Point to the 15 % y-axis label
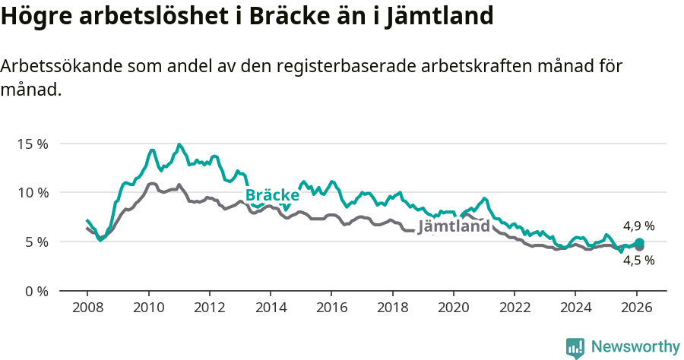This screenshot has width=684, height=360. click(33, 144)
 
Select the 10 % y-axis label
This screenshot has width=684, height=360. click(33, 193)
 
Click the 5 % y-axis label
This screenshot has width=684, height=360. click(36, 242)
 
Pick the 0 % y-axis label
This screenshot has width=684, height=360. click(36, 292)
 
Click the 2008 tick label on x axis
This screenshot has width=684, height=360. click(87, 309)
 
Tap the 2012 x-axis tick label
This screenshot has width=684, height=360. click(209, 309)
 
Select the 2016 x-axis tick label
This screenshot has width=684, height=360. click(331, 309)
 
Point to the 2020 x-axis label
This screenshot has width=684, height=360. click(454, 309)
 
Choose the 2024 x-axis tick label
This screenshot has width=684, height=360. click(575, 309)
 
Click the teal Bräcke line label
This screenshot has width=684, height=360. click(272, 194)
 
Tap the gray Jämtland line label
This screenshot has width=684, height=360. click(454, 226)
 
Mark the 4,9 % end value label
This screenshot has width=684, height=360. click(638, 226)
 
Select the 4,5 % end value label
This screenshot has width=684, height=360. click(638, 260)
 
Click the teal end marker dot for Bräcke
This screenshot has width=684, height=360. click(639, 243)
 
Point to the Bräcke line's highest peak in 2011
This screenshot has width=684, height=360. click(179, 144)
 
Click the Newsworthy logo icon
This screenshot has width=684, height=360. click(575, 348)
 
